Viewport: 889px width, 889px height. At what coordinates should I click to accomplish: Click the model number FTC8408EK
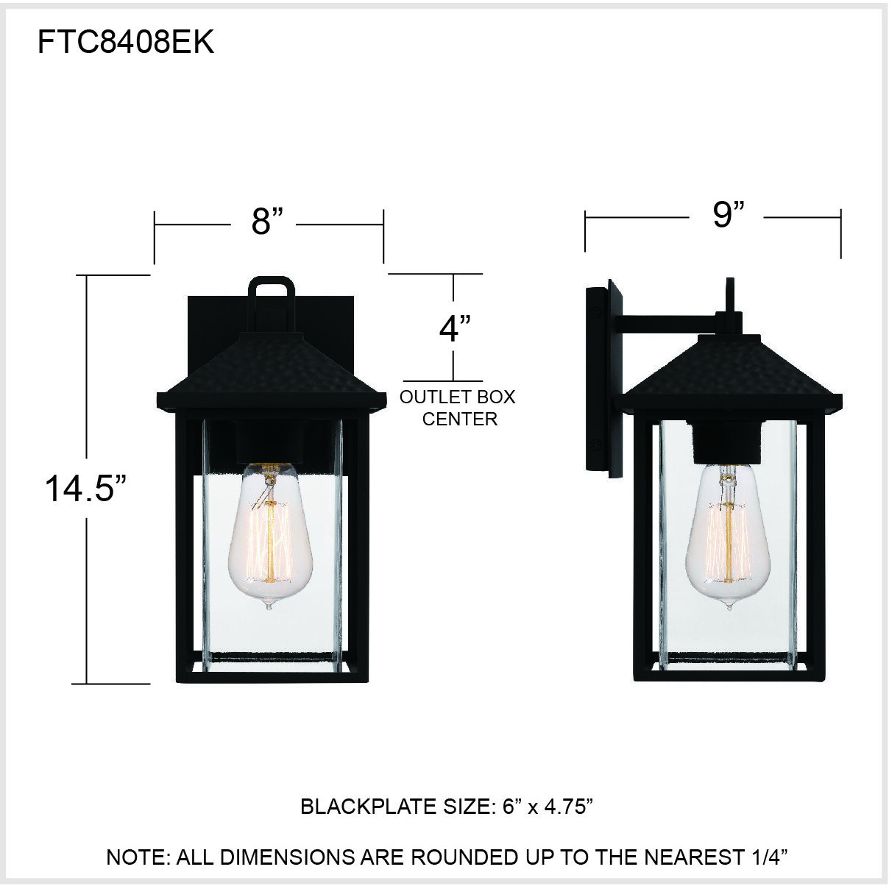[126, 43]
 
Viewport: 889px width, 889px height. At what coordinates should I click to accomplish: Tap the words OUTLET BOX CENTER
[457, 408]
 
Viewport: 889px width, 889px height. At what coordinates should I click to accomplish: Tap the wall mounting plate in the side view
[603, 379]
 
